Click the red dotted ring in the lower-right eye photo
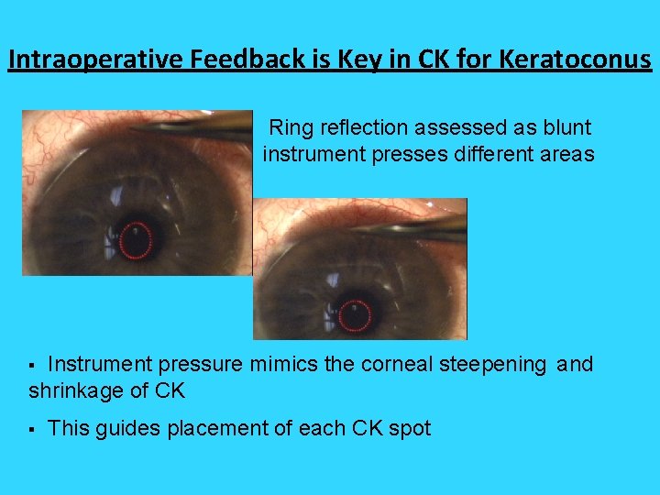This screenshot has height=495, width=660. (355, 315)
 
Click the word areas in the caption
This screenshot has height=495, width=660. (567, 154)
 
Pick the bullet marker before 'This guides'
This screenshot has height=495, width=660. (32, 428)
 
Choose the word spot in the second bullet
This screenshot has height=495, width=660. (410, 428)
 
